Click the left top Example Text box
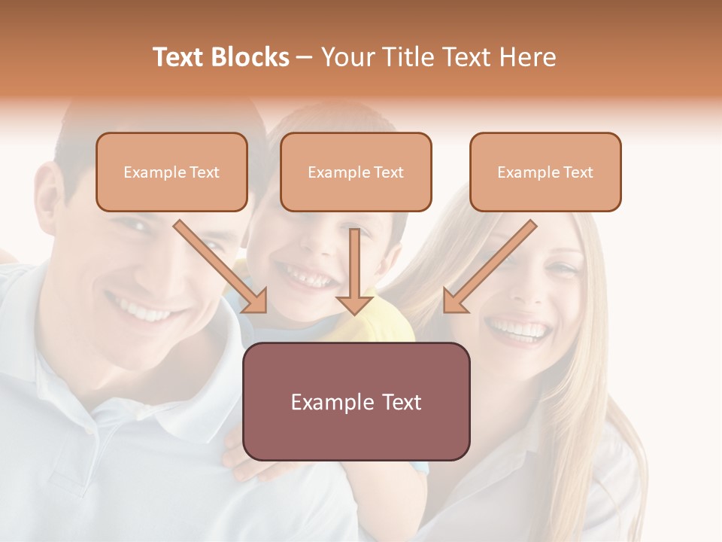click(171, 172)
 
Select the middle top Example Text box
click(356, 172)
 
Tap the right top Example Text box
click(545, 172)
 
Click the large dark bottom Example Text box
click(356, 402)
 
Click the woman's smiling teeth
click(517, 328)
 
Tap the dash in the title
click(305, 57)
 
